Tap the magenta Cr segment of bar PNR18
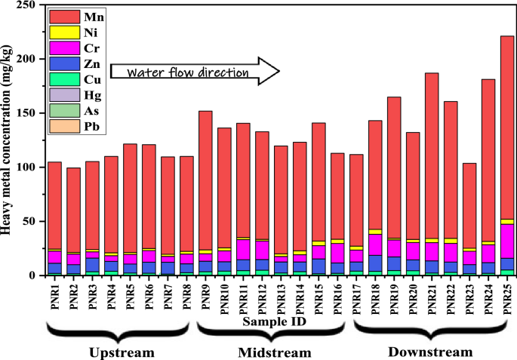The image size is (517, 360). tap(375, 245)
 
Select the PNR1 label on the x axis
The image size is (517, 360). tap(55, 298)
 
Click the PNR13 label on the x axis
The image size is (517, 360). tap(281, 300)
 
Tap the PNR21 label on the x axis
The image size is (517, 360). tap(432, 300)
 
